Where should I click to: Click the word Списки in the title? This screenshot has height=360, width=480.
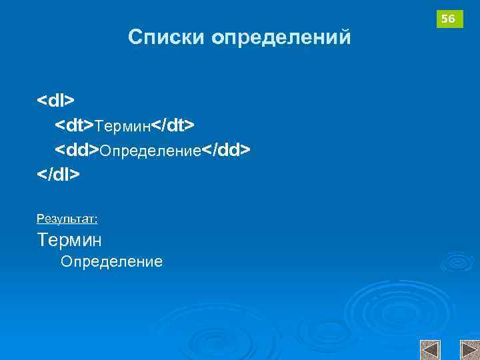(x=167, y=37)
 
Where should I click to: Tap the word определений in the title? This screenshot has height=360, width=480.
(x=281, y=38)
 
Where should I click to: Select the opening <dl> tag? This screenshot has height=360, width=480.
(x=56, y=100)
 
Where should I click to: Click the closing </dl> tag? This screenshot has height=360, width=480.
(x=59, y=174)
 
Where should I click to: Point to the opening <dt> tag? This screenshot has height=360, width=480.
(x=75, y=125)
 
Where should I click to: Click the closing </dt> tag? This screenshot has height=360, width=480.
(x=173, y=125)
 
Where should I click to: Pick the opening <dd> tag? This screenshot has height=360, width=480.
(x=77, y=150)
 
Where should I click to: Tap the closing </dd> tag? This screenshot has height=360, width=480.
(x=227, y=150)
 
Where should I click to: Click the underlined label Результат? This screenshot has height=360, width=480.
(x=67, y=218)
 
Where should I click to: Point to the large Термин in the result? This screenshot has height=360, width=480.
(x=69, y=239)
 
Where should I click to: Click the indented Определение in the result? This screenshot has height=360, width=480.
(x=111, y=261)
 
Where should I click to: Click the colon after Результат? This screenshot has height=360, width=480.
(x=96, y=219)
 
